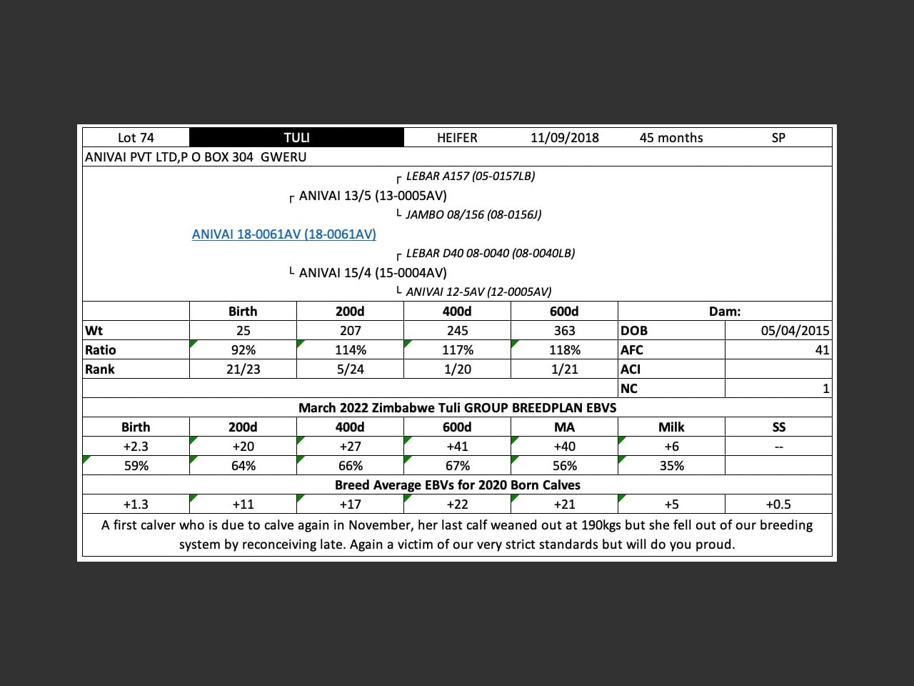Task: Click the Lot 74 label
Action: tap(136, 138)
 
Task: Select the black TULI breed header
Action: tap(296, 138)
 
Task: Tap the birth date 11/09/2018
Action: tap(564, 138)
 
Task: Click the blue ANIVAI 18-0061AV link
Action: tap(283, 234)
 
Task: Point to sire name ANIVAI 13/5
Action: tap(372, 196)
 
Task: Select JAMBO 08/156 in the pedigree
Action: tap(473, 214)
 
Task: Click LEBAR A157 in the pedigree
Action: tap(470, 176)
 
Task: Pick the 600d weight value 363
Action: tap(564, 331)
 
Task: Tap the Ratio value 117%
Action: tap(457, 350)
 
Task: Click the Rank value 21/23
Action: tap(243, 369)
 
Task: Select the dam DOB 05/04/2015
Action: tap(795, 331)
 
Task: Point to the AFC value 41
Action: tap(822, 350)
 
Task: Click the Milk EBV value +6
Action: tap(671, 447)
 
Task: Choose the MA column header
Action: tap(564, 427)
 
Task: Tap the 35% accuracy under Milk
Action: tap(671, 466)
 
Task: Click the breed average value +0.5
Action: tap(778, 504)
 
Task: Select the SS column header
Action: tap(778, 427)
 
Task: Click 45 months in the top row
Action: tap(671, 138)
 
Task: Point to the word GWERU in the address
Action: tap(283, 157)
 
